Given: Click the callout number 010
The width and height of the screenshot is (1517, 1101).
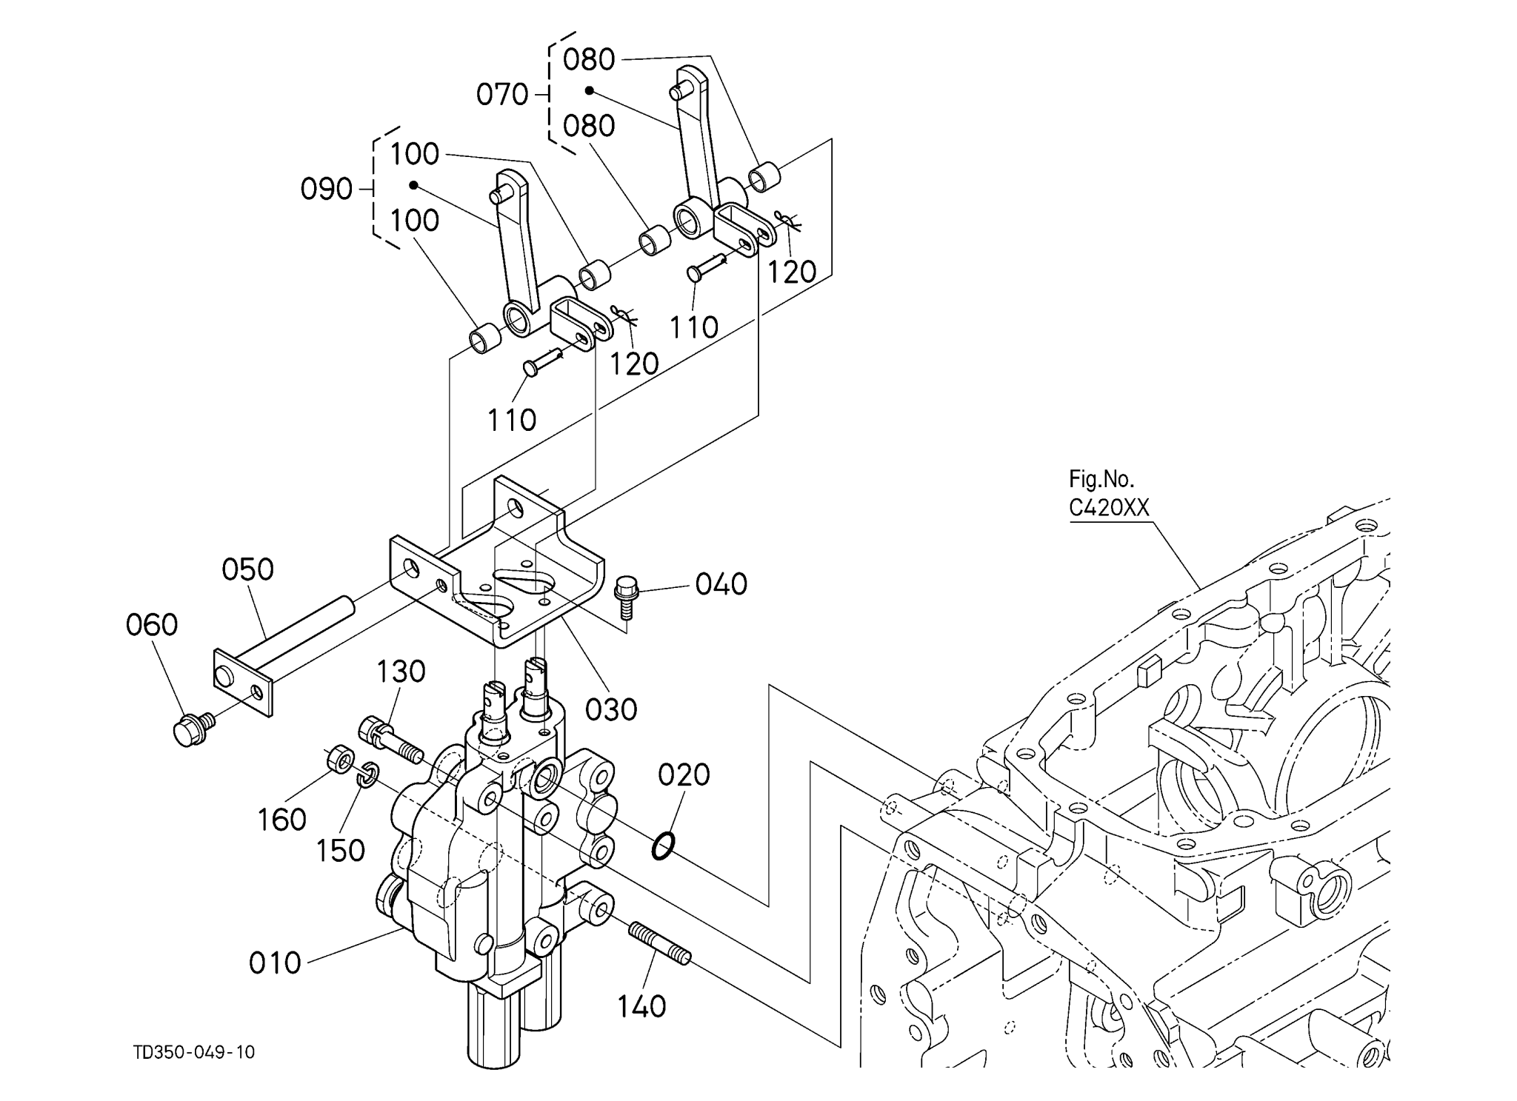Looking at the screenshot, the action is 275,963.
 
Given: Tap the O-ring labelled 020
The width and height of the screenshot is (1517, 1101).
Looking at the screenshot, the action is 663,846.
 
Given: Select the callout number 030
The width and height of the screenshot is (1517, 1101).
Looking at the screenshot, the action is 611,710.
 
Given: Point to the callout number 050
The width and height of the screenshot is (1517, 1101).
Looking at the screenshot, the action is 248,570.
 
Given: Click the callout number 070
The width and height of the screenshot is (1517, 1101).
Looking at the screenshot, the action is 502,95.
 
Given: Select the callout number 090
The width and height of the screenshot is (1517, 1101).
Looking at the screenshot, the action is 326,190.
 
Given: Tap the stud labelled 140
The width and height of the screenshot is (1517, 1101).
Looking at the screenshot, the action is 660,943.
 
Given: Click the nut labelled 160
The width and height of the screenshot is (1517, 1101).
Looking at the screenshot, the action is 339,760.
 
